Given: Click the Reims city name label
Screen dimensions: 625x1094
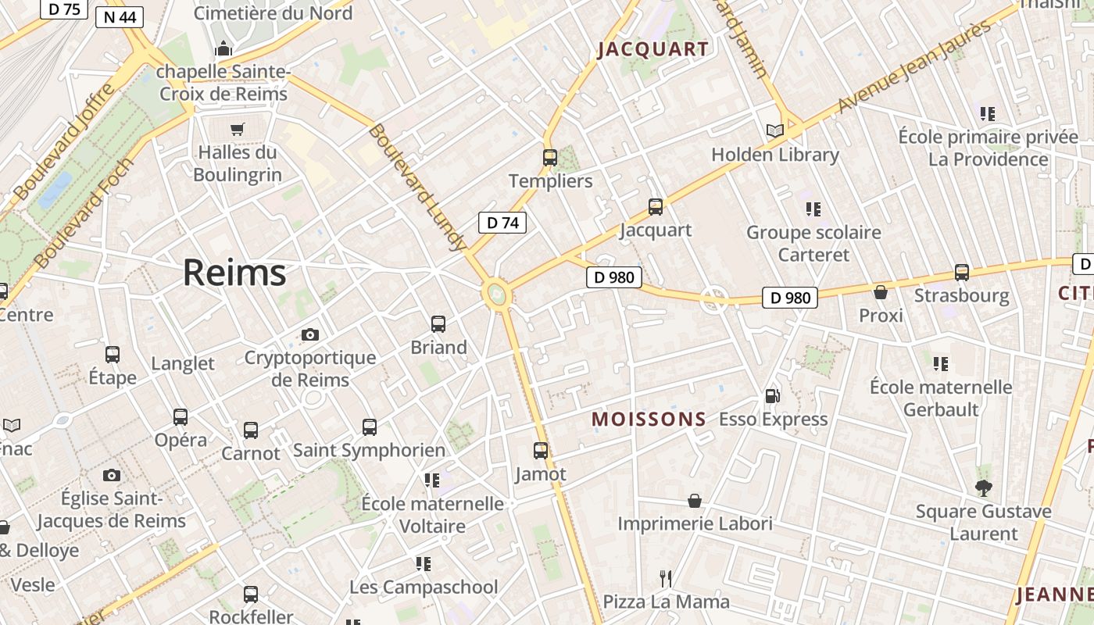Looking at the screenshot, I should [234, 273].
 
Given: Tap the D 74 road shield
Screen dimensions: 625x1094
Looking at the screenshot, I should [502, 223].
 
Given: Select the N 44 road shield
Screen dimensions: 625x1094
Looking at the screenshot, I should [120, 16].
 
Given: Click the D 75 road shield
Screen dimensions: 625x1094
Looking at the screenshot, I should [64, 9].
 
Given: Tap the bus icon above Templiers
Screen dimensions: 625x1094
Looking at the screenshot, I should [550, 157].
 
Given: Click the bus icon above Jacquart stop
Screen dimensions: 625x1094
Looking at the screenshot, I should [656, 206].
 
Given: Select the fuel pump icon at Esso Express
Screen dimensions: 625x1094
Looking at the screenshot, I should [772, 396].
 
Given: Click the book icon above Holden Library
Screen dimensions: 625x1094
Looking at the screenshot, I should [774, 130].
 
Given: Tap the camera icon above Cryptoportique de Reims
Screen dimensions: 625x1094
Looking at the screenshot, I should [310, 334].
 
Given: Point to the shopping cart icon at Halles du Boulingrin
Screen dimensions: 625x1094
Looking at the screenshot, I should [238, 129].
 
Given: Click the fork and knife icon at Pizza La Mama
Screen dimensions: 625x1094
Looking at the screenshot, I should [666, 578].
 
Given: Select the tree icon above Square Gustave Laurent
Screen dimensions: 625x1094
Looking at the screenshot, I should [983, 488].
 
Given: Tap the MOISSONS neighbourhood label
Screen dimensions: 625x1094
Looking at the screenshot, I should [649, 420].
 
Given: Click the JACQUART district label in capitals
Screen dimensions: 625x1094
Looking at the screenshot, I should [653, 50].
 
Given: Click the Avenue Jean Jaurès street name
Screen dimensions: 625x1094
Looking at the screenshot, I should [914, 66].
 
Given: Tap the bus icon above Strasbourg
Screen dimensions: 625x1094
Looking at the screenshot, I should [961, 273].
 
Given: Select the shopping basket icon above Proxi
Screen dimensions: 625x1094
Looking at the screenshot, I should [881, 292].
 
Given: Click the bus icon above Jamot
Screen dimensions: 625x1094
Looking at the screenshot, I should [541, 450].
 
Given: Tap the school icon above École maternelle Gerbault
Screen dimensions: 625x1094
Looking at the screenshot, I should [941, 363].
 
